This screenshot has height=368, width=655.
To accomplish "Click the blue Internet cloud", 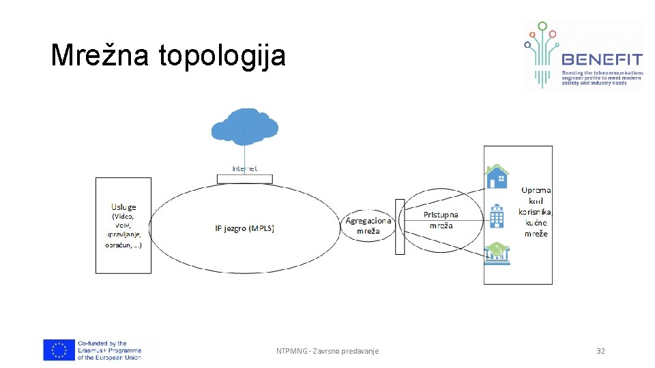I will [244, 126].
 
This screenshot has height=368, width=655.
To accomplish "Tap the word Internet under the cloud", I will [244, 168].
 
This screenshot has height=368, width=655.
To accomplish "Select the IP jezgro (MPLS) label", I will [244, 228].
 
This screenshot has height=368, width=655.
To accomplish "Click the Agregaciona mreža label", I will [368, 226].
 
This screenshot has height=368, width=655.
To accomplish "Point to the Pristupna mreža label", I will [441, 220].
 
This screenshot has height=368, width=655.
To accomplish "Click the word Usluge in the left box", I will [123, 206].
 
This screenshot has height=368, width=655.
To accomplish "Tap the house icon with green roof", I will [497, 177].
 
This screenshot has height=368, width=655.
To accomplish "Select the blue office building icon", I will [497, 216].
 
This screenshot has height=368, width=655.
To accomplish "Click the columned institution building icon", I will [497, 253].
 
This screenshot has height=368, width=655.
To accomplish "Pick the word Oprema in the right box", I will [536, 190].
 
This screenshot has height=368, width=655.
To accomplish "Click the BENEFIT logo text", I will [600, 59].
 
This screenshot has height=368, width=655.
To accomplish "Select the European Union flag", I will [59, 350].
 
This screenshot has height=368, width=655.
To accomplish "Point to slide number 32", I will [600, 351].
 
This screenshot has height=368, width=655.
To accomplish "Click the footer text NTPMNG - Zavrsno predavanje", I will [327, 351].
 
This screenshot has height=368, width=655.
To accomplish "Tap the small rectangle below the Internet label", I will [244, 179].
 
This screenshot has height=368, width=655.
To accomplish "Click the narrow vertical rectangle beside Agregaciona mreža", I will [400, 226].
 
